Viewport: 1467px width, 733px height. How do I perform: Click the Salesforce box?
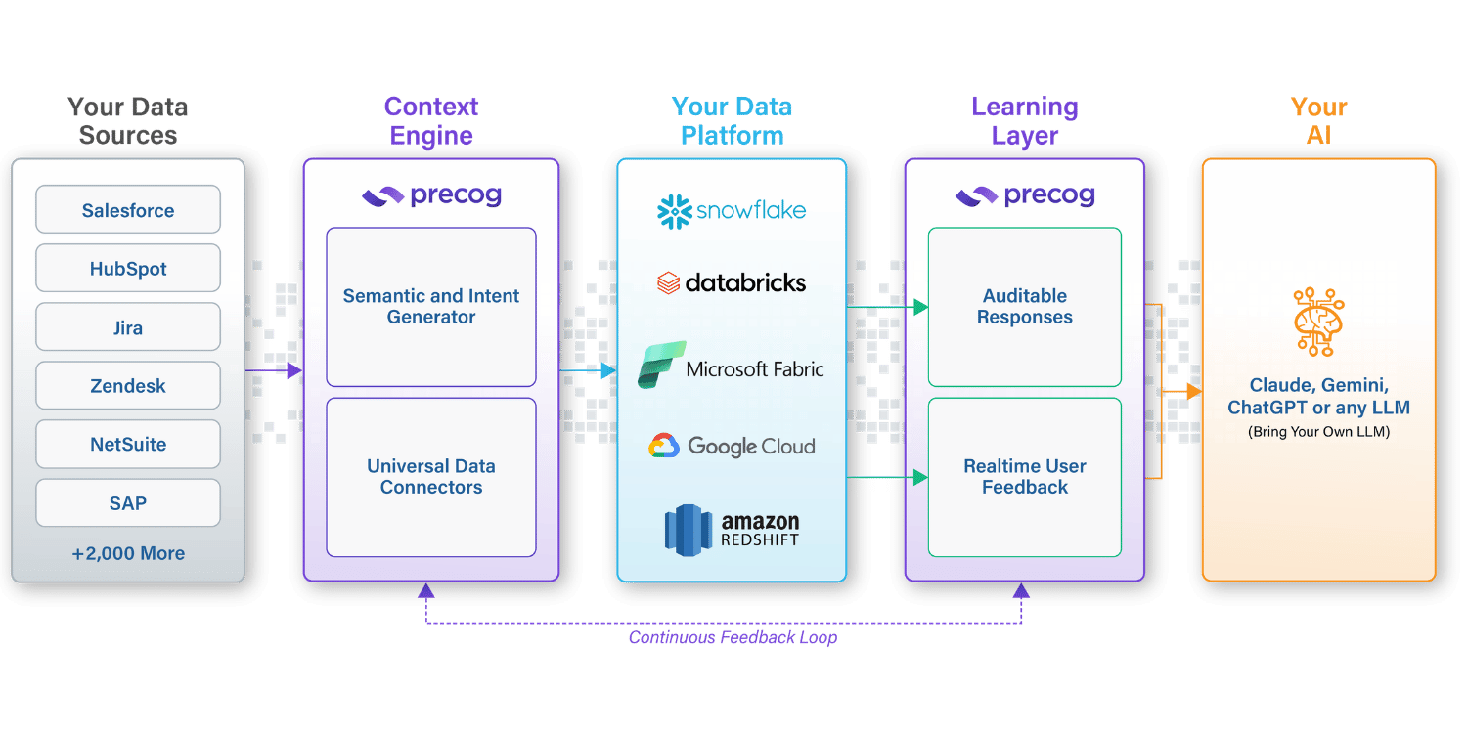[x=128, y=209]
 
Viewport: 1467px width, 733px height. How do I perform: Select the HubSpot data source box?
[x=128, y=269]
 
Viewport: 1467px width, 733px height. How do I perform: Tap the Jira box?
[x=128, y=326]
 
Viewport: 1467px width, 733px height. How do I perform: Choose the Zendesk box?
[x=128, y=385]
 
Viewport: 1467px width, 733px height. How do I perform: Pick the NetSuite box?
[x=128, y=444]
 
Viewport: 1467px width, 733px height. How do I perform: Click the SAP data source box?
[x=128, y=502]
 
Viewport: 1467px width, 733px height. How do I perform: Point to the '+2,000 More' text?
[x=128, y=554]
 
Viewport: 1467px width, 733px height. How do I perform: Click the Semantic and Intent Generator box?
[x=431, y=307]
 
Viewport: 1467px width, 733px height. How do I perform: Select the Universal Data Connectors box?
[x=431, y=477]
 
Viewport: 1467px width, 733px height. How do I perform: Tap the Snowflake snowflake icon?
[x=675, y=211]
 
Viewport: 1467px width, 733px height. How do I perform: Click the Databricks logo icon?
[x=668, y=283]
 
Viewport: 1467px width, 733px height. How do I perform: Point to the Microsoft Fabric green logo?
[x=661, y=365]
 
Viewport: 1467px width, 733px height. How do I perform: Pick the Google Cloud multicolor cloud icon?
[x=664, y=446]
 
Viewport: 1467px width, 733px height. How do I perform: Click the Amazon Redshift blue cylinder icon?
[x=688, y=530]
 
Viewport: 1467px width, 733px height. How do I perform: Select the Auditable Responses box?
[x=1024, y=307]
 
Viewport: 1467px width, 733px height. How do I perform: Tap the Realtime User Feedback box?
[x=1024, y=477]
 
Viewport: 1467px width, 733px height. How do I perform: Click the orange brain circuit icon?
[x=1318, y=322]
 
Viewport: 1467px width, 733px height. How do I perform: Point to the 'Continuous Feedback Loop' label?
[x=733, y=637]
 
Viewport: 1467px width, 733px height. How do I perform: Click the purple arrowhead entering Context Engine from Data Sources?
[x=294, y=370]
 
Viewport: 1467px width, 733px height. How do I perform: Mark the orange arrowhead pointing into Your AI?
[x=1194, y=391]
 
